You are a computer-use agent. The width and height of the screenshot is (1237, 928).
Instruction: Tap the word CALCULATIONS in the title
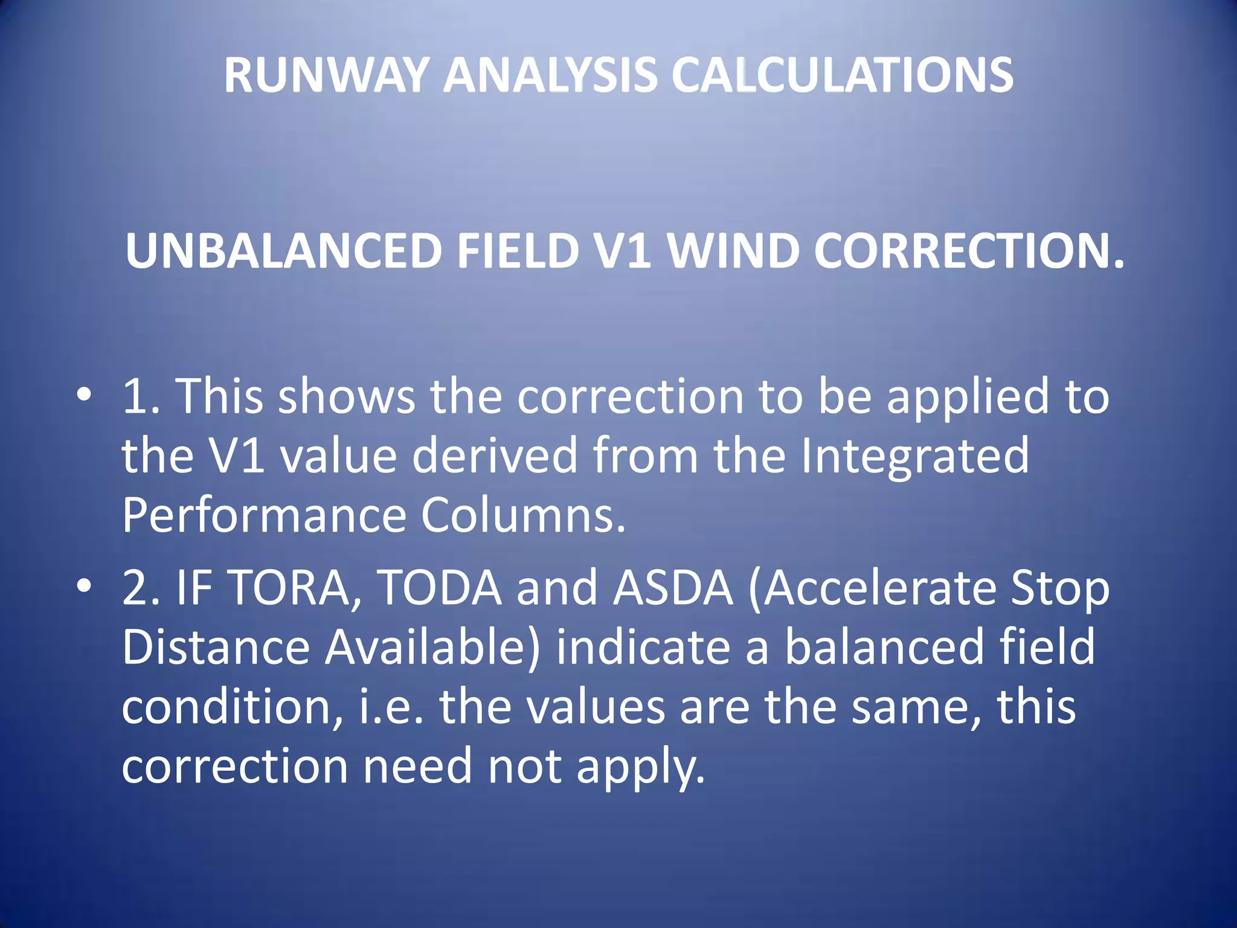(843, 76)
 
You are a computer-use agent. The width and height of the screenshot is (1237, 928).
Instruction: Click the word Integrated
(915, 456)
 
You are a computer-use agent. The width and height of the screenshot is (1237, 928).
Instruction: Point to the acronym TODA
(439, 588)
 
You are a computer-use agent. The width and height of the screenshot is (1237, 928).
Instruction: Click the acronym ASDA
(673, 588)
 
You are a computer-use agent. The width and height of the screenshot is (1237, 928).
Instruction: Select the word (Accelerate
(872, 588)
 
